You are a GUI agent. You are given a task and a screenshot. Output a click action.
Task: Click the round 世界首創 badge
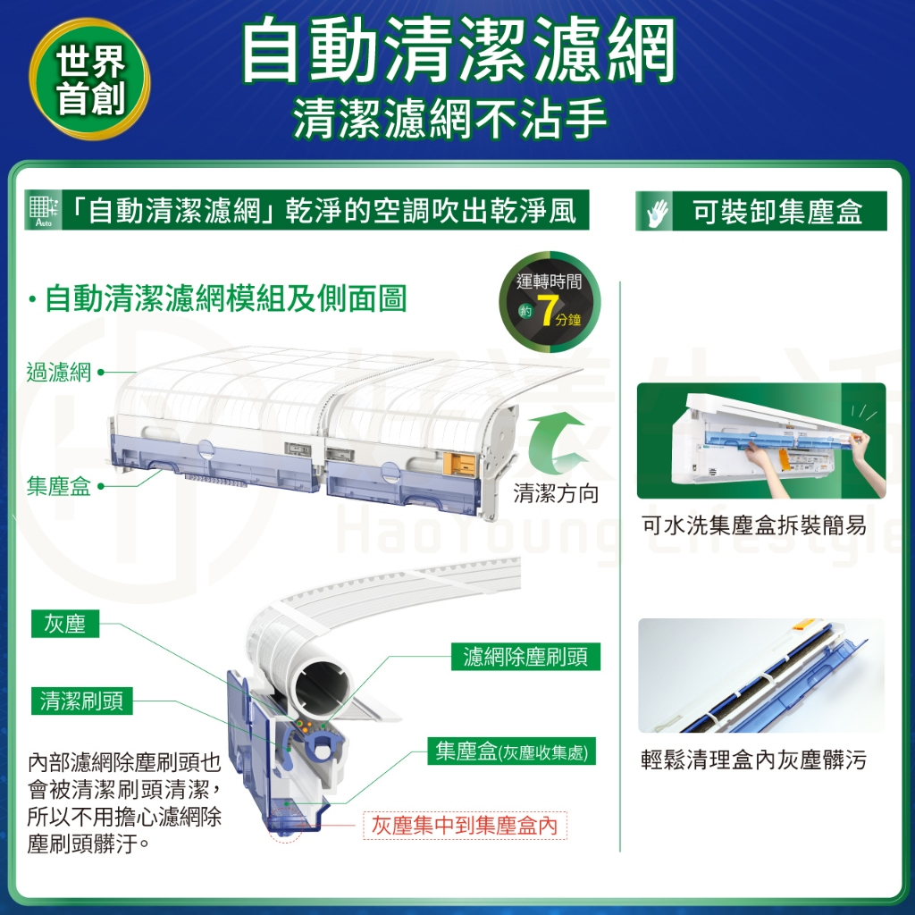pos(90,80)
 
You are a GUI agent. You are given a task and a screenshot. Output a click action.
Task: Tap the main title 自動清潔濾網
pos(458,50)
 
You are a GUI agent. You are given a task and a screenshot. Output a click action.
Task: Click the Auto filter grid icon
pos(44,211)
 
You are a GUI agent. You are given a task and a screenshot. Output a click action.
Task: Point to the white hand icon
pos(658,213)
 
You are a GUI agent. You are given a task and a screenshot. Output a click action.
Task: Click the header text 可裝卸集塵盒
pos(777,211)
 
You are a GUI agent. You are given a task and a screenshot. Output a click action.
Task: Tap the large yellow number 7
pos(546,311)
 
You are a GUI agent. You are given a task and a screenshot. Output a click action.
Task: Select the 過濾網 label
pos(59,373)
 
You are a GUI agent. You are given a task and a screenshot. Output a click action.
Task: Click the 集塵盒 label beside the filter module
pos(59,486)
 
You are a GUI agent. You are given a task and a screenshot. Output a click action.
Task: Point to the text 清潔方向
pos(556,494)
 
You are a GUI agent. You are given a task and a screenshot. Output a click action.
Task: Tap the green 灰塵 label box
pos(64,624)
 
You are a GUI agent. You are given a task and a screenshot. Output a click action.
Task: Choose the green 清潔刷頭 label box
pos(81,701)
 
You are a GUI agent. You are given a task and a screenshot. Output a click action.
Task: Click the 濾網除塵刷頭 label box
pos(525,657)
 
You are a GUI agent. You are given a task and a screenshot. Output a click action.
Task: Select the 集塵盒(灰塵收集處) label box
pos(512,751)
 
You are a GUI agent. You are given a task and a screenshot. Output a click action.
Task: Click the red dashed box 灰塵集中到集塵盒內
pos(465,825)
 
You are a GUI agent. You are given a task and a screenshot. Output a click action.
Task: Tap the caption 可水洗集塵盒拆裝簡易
pos(754,525)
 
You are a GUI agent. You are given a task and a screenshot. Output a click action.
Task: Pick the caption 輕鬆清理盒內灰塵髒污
pos(754,760)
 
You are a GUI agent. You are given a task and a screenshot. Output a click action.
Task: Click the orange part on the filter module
pos(460,465)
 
